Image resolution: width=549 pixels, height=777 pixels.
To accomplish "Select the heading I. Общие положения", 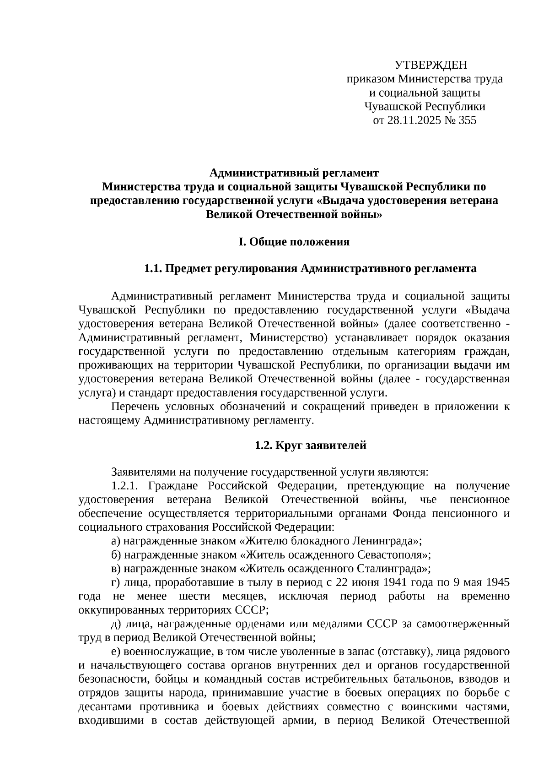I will pyautogui.click(x=294, y=242).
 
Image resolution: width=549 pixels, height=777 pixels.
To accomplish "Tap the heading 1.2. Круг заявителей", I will pyautogui.click(x=310, y=445).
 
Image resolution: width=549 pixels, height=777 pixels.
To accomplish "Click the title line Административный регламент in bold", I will pyautogui.click(x=294, y=173).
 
